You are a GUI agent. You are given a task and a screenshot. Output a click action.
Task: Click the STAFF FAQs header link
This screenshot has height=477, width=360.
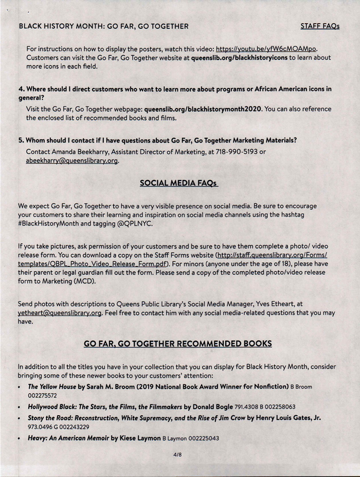[320, 26]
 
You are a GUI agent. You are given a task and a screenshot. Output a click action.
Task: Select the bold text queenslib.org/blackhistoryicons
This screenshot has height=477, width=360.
[239, 58]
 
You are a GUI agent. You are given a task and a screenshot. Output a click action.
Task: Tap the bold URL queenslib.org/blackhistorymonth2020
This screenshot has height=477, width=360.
[203, 109]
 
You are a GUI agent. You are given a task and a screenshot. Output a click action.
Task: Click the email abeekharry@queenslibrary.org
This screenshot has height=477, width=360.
[73, 161]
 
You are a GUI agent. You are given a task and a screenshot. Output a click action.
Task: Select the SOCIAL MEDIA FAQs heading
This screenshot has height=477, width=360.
[179, 183]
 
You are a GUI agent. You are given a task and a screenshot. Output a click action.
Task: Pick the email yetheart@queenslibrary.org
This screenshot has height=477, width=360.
[60, 312]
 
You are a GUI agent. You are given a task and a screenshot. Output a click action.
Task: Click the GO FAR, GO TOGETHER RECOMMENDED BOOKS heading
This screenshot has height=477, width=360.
[178, 343]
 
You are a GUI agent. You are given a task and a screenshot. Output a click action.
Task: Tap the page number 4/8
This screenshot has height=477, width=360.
[178, 455]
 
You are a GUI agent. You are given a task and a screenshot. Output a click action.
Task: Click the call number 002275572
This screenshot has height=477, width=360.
[43, 395]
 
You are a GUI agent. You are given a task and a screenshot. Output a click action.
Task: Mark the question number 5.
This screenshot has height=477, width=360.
[21, 140]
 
